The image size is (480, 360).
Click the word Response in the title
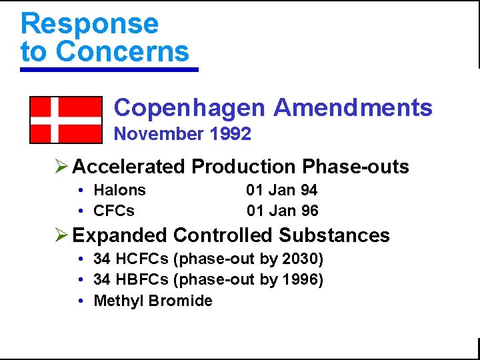[x=89, y=24]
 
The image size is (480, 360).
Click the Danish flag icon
[x=65, y=120]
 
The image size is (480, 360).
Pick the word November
[x=159, y=134]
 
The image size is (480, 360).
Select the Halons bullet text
[x=120, y=190]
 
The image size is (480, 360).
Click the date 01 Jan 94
[x=282, y=190]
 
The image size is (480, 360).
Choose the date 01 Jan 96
[x=282, y=211]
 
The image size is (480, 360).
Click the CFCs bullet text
[x=114, y=211]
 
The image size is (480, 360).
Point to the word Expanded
[x=120, y=235]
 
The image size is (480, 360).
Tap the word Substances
[x=335, y=235]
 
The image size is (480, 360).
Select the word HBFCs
[x=137, y=279]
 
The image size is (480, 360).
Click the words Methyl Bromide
[x=153, y=301]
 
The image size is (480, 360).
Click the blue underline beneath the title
[x=109, y=69]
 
